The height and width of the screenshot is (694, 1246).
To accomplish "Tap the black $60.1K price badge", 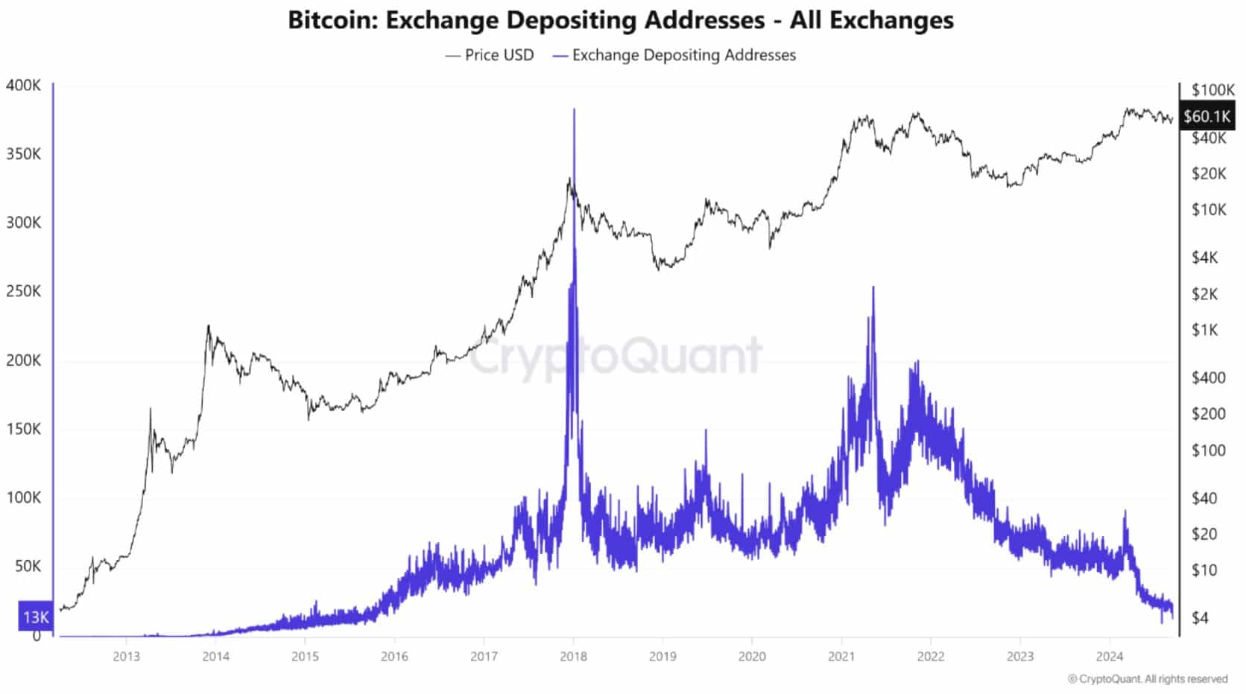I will (x=1207, y=116).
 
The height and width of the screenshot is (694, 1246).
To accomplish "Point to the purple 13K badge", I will (x=36, y=617).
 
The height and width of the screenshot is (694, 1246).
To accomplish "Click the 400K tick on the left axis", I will (x=24, y=85).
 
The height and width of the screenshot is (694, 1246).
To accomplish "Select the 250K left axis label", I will (x=24, y=291).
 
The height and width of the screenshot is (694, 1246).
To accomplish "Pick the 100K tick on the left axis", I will (x=24, y=497).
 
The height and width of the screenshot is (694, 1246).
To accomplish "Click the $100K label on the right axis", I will (x=1212, y=90).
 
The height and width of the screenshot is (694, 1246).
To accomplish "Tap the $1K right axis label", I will (x=1204, y=330).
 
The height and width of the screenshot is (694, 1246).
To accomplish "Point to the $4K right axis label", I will (x=1204, y=258).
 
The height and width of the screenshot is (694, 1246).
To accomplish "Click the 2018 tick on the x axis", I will (x=573, y=656).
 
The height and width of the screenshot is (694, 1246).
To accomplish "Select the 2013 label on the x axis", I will (x=126, y=656).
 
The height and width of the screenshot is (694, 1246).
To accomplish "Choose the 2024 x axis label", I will (x=1110, y=656).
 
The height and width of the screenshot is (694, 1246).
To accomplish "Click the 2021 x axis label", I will (x=841, y=656).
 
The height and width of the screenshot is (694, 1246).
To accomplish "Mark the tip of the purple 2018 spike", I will (x=574, y=110).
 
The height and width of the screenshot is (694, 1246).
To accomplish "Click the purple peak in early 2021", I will (x=873, y=287).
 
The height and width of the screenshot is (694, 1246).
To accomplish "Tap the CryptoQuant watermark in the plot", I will (x=616, y=356).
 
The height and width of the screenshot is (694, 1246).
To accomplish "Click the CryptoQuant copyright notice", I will (x=1148, y=678).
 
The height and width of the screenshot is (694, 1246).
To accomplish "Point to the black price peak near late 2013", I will (x=208, y=326).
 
